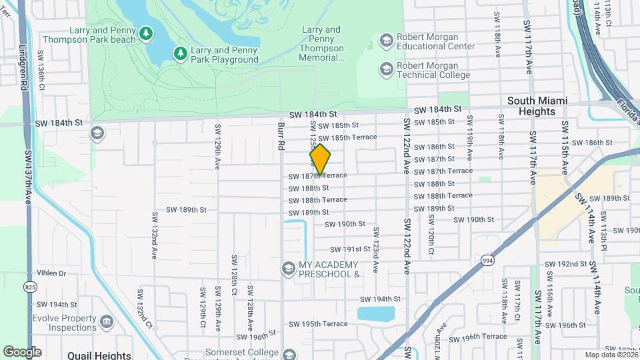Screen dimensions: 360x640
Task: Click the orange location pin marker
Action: [x=321, y=159]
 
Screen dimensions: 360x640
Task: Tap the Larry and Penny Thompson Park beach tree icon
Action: [x=146, y=33]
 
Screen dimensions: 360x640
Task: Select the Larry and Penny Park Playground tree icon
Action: [x=179, y=53]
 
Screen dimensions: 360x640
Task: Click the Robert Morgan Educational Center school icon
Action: [x=386, y=41]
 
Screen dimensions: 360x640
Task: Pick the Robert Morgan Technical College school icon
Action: [x=386, y=69]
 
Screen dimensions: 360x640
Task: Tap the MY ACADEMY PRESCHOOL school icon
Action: [x=289, y=268]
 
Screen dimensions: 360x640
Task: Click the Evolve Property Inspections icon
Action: [x=107, y=323]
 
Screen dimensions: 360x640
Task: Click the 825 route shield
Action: [x=30, y=268]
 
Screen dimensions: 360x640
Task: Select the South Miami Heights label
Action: [x=537, y=106]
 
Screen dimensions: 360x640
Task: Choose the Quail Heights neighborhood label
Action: [x=99, y=355]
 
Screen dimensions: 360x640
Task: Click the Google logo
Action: [x=23, y=352]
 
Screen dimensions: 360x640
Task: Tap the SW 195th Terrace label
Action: [x=318, y=324]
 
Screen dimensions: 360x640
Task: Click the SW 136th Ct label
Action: [x=41, y=70]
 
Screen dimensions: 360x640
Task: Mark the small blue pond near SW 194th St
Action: [x=375, y=313]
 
